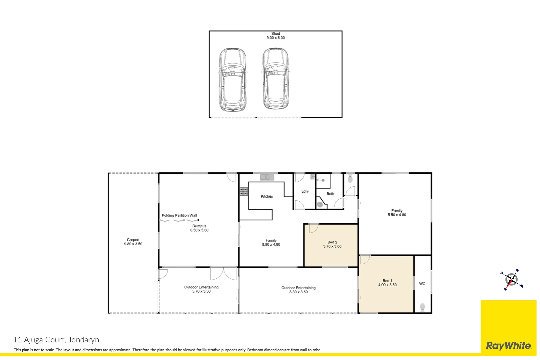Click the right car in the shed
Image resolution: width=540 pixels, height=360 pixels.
pyautogui.click(x=275, y=79)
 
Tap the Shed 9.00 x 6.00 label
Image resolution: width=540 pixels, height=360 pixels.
pyautogui.click(x=275, y=36)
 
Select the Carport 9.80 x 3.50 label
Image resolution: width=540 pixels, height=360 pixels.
pyautogui.click(x=133, y=242)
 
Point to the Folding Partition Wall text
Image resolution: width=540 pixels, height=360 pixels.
pyautogui.click(x=179, y=215)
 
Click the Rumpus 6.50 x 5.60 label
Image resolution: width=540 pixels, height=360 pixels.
pyautogui.click(x=199, y=228)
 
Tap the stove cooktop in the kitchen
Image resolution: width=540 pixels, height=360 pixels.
pyautogui.click(x=244, y=191)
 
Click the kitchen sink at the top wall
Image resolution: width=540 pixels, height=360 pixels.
pyautogui.click(x=265, y=177)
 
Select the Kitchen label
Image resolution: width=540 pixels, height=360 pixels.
pyautogui.click(x=267, y=196)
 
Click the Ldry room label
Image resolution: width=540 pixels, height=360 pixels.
pyautogui.click(x=305, y=191)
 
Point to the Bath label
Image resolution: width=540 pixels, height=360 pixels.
pyautogui.click(x=330, y=194)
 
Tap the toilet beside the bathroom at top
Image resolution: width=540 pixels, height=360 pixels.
pyautogui.click(x=350, y=179)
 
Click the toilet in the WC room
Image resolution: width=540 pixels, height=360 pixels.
pyautogui.click(x=422, y=307)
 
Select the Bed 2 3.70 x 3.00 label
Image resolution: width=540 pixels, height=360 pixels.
pyautogui.click(x=332, y=244)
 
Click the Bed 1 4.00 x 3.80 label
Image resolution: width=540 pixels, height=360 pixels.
pyautogui.click(x=387, y=283)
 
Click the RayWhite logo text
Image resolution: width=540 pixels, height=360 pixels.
pyautogui.click(x=509, y=346)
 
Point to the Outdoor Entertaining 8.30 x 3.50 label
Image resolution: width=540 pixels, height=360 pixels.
pyautogui.click(x=298, y=290)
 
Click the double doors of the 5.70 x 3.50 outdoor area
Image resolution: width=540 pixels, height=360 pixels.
pyautogui.click(x=223, y=273)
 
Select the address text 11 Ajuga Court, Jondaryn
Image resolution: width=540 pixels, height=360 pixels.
pyautogui.click(x=56, y=340)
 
